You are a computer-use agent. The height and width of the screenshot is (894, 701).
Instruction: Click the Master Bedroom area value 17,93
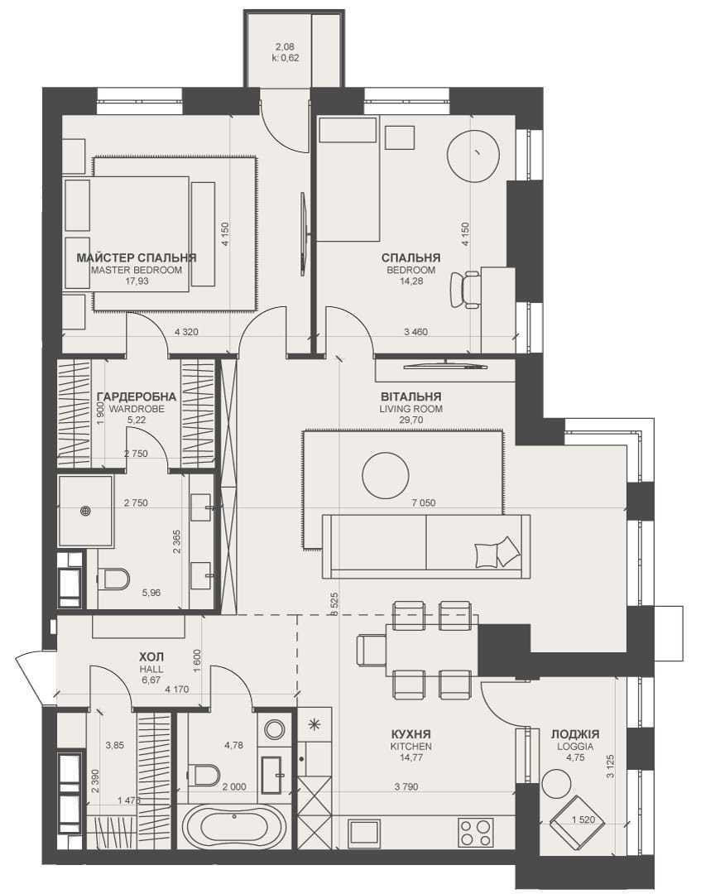pos(137,281)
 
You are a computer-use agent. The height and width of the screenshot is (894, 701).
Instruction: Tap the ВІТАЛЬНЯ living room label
pos(411,397)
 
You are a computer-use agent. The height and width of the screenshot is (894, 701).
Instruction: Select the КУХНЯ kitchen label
pos(411,734)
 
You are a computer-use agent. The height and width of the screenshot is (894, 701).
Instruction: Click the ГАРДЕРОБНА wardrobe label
pos(137,397)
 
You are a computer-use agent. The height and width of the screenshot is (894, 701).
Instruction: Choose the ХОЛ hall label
pos(151,657)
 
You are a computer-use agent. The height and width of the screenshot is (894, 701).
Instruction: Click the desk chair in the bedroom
pos(466,290)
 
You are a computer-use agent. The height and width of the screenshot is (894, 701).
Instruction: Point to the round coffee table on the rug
pos(386,475)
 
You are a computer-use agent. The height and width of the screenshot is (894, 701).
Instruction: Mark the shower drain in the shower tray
pos(86,512)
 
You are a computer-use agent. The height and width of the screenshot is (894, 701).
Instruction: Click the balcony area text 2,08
pos(285,47)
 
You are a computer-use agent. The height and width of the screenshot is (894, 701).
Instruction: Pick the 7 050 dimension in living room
pos(424,503)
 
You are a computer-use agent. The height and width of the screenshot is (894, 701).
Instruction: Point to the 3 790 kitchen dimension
pos(406,787)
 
